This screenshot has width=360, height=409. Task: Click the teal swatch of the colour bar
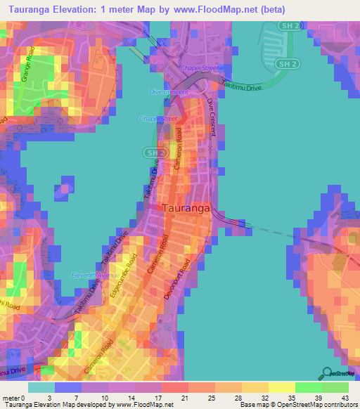(41, 387)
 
